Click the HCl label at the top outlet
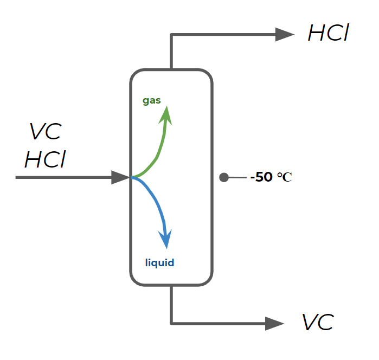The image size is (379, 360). point(327,34)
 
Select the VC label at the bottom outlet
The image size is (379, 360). point(318,323)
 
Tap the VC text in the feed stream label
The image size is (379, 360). point(46,132)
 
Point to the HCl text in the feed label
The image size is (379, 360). point(46,159)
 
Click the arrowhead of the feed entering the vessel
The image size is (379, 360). point(120,177)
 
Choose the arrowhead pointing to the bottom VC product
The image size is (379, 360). point(274,324)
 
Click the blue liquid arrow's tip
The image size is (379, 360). point(165,240)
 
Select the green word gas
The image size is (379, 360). point(152,100)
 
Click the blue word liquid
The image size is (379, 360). point(160,263)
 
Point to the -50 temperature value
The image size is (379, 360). point(261,177)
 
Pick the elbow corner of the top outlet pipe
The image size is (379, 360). point(171,35)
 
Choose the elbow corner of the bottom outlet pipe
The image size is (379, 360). point(171,324)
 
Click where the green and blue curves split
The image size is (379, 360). point(132,177)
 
